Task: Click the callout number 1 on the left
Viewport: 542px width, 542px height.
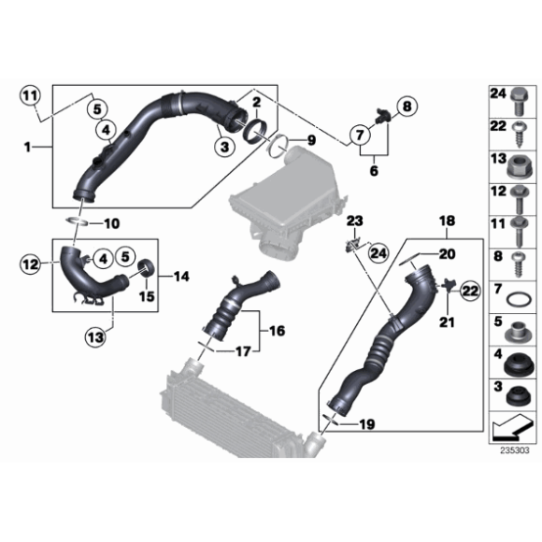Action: tap(29, 146)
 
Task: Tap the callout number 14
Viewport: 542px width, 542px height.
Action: tap(180, 277)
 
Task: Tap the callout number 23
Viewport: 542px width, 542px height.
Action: tap(354, 221)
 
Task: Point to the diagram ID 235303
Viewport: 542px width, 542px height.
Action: tap(514, 449)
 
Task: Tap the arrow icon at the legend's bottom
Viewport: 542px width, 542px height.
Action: tap(512, 427)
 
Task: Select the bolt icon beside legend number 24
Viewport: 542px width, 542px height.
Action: tap(519, 95)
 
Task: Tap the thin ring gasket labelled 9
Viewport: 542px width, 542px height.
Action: tap(277, 147)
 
